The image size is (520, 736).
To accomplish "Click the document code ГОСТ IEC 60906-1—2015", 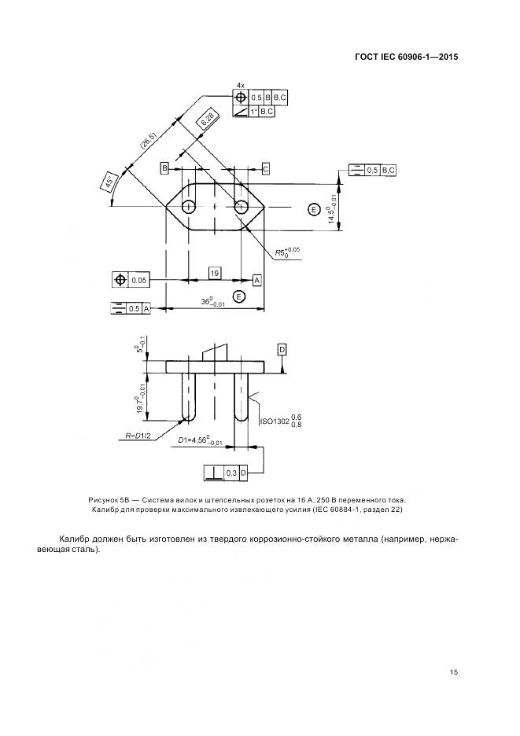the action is [x=406, y=57].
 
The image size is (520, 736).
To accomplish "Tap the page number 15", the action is [x=453, y=672].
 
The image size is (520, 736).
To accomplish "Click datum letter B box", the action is [x=164, y=168].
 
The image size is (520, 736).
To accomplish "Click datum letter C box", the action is [x=265, y=168].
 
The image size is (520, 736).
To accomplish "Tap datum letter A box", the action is [x=257, y=280].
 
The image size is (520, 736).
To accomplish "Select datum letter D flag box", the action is [x=282, y=350].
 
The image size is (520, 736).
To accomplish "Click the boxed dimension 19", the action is [x=215, y=273].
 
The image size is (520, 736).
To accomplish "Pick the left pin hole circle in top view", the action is [x=189, y=207].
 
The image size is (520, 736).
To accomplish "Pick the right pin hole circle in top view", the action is [x=241, y=207].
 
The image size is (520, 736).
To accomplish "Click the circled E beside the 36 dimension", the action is [x=240, y=296].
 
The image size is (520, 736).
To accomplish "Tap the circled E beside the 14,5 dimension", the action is [x=314, y=209].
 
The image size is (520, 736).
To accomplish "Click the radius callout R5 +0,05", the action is [x=287, y=252].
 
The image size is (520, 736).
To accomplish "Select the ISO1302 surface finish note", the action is [x=281, y=421].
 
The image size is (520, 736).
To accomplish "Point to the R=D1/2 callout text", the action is [x=138, y=436].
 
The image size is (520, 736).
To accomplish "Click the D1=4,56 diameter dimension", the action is [x=200, y=441].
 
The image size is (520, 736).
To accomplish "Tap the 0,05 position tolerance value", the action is [x=138, y=281].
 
